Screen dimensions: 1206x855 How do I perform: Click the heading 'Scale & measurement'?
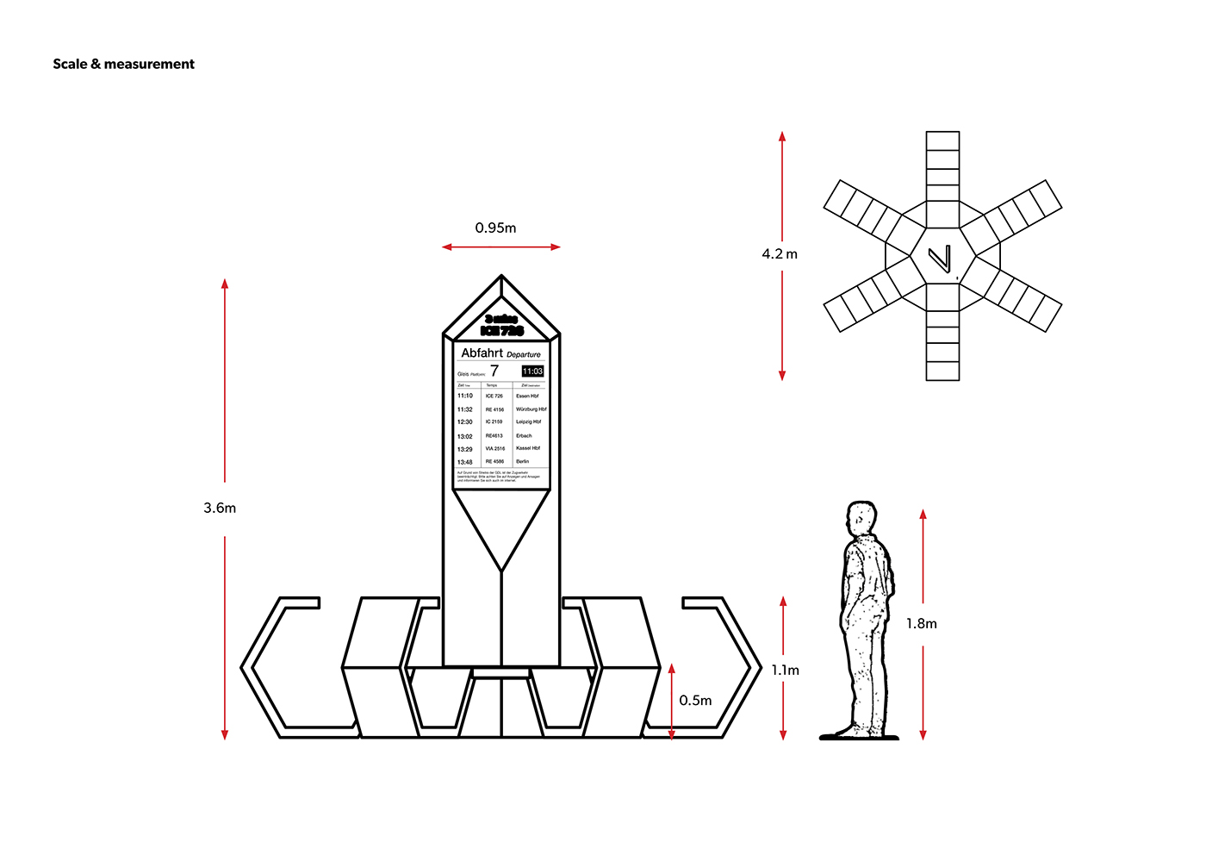123,64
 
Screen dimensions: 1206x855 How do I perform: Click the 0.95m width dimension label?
495,228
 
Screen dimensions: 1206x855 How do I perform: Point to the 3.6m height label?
220,509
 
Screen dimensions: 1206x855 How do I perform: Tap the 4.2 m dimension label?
780,254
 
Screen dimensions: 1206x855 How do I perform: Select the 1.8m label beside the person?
921,624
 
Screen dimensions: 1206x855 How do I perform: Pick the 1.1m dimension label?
785,671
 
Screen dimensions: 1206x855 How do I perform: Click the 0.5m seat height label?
695,701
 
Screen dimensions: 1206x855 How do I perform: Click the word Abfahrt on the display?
482,353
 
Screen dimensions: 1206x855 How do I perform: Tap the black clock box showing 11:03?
532,371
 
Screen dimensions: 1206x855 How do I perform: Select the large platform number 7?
494,371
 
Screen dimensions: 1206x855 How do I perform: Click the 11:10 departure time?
465,396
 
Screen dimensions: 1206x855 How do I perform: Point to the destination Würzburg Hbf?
531,409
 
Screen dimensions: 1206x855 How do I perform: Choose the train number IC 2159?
494,422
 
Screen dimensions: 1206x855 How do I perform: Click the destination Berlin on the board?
523,462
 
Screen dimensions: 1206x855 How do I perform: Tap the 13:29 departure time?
465,449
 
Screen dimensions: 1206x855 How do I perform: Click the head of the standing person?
861,519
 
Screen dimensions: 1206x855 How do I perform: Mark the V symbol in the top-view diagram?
941,259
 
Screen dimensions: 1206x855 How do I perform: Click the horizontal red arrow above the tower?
501,247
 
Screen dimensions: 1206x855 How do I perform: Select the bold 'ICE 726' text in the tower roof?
501,331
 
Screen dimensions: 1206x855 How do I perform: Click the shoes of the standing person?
858,734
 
